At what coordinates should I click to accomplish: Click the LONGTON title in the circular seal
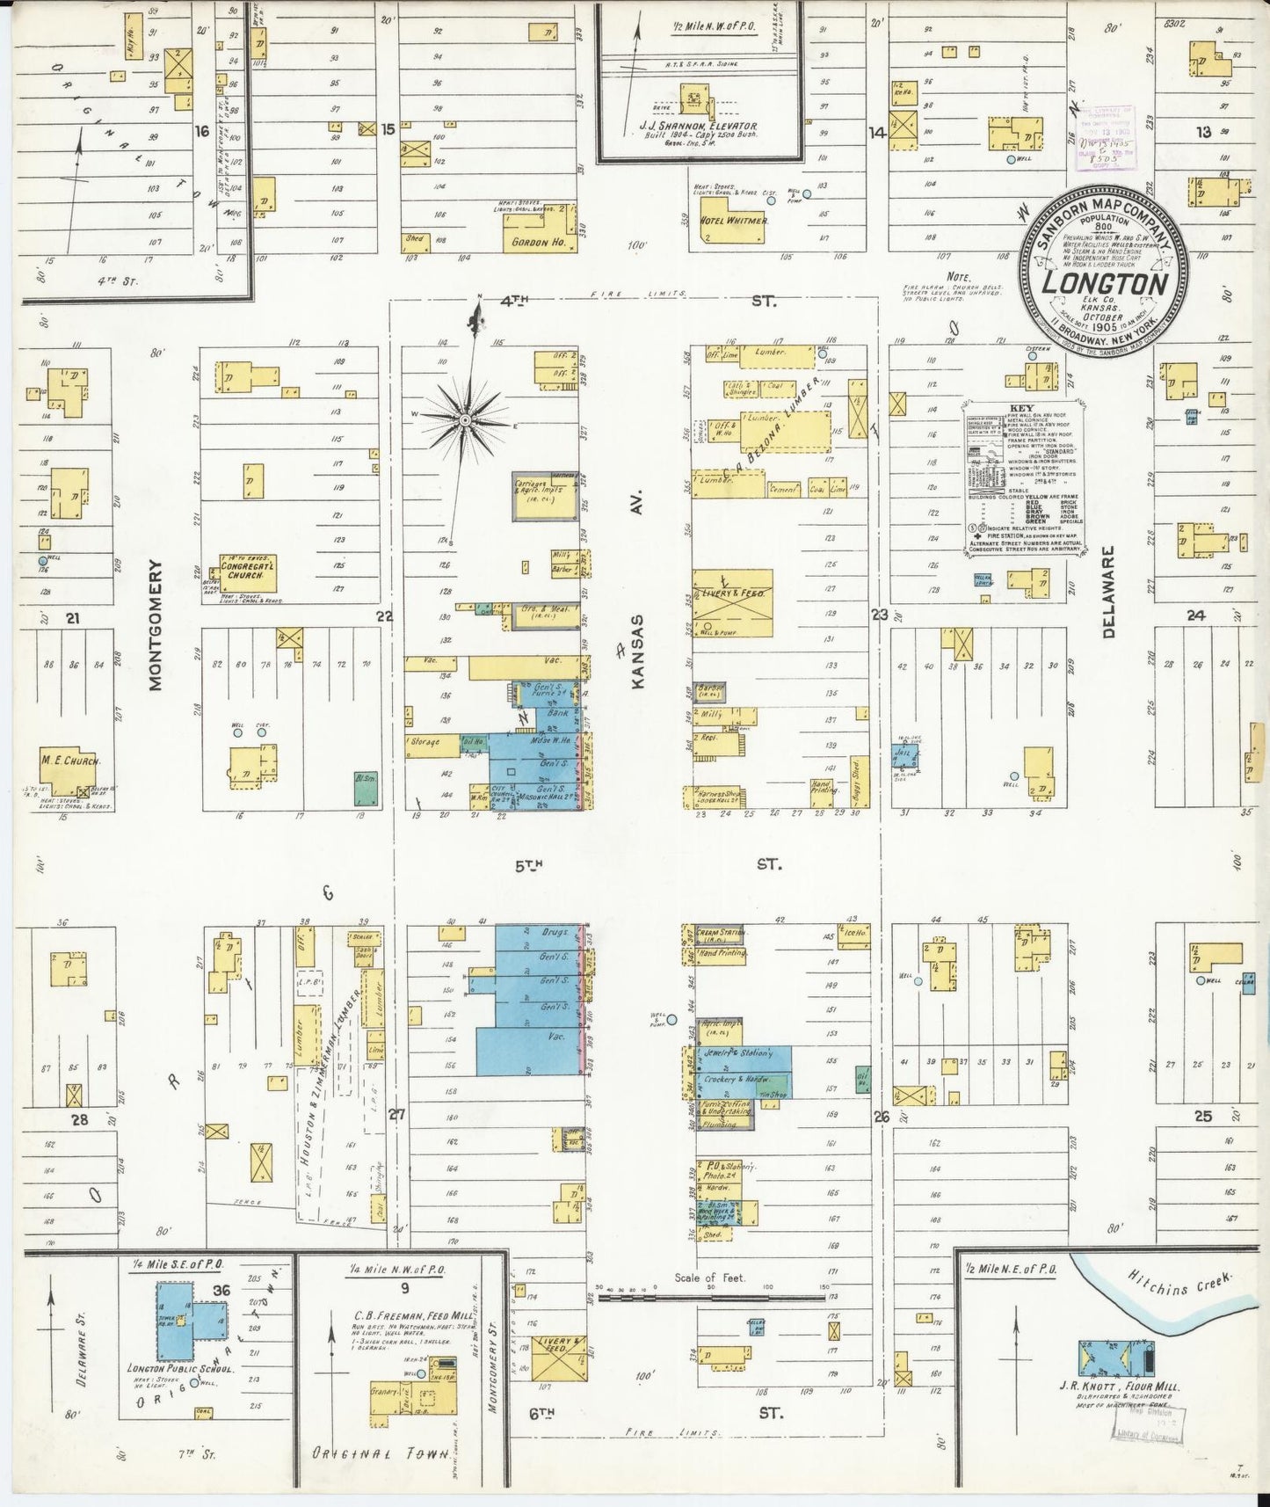1105,284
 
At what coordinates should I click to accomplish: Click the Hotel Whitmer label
734,221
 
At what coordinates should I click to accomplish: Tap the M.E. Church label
70,761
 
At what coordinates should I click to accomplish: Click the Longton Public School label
173,1367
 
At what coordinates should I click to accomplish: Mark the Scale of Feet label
709,1278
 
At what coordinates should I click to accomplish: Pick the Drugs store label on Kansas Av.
555,931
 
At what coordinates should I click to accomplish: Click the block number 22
384,615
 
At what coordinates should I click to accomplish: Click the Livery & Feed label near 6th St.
563,1345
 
